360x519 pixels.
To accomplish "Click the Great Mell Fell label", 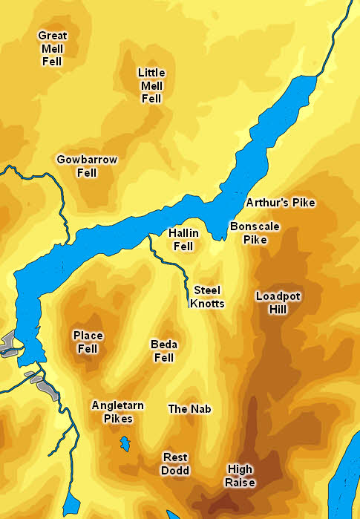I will point(51,48).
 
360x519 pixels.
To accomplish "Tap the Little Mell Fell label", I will point(151,85).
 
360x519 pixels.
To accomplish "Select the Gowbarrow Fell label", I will point(87,166).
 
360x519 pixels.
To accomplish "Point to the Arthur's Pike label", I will point(281,203).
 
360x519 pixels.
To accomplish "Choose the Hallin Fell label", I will point(183,239).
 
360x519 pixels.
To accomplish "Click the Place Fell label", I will point(88,342).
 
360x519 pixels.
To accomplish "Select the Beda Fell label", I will point(163,351).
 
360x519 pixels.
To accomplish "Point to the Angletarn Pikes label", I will point(117,412).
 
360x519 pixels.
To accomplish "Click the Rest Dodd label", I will point(175,464).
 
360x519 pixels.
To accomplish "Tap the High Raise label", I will point(240,476).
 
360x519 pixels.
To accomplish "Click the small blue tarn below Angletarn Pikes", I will point(124,445).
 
